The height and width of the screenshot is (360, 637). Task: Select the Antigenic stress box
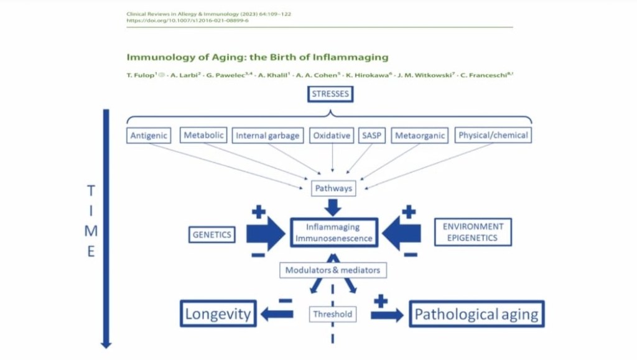click(x=149, y=136)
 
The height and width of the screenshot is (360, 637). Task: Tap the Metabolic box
click(x=204, y=135)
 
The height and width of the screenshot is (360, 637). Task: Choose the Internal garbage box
click(x=267, y=136)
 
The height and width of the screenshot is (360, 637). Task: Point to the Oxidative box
click(x=332, y=136)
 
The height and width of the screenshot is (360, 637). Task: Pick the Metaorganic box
click(x=419, y=136)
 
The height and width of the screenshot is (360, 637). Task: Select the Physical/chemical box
click(x=493, y=135)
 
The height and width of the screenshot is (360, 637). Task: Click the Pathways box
click(x=333, y=188)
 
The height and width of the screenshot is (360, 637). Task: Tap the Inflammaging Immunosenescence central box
click(x=334, y=233)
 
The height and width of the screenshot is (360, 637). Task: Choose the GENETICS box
click(x=212, y=234)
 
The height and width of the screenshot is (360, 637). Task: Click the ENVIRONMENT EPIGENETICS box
click(x=473, y=232)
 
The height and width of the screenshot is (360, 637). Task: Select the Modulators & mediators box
click(x=332, y=270)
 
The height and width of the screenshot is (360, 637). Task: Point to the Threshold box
click(x=333, y=314)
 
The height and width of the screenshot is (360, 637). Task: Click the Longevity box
click(x=218, y=313)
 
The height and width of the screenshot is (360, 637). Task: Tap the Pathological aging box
click(x=477, y=313)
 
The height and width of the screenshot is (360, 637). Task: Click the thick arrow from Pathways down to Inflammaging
click(x=333, y=206)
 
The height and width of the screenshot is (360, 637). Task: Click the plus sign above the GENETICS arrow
click(x=258, y=212)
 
